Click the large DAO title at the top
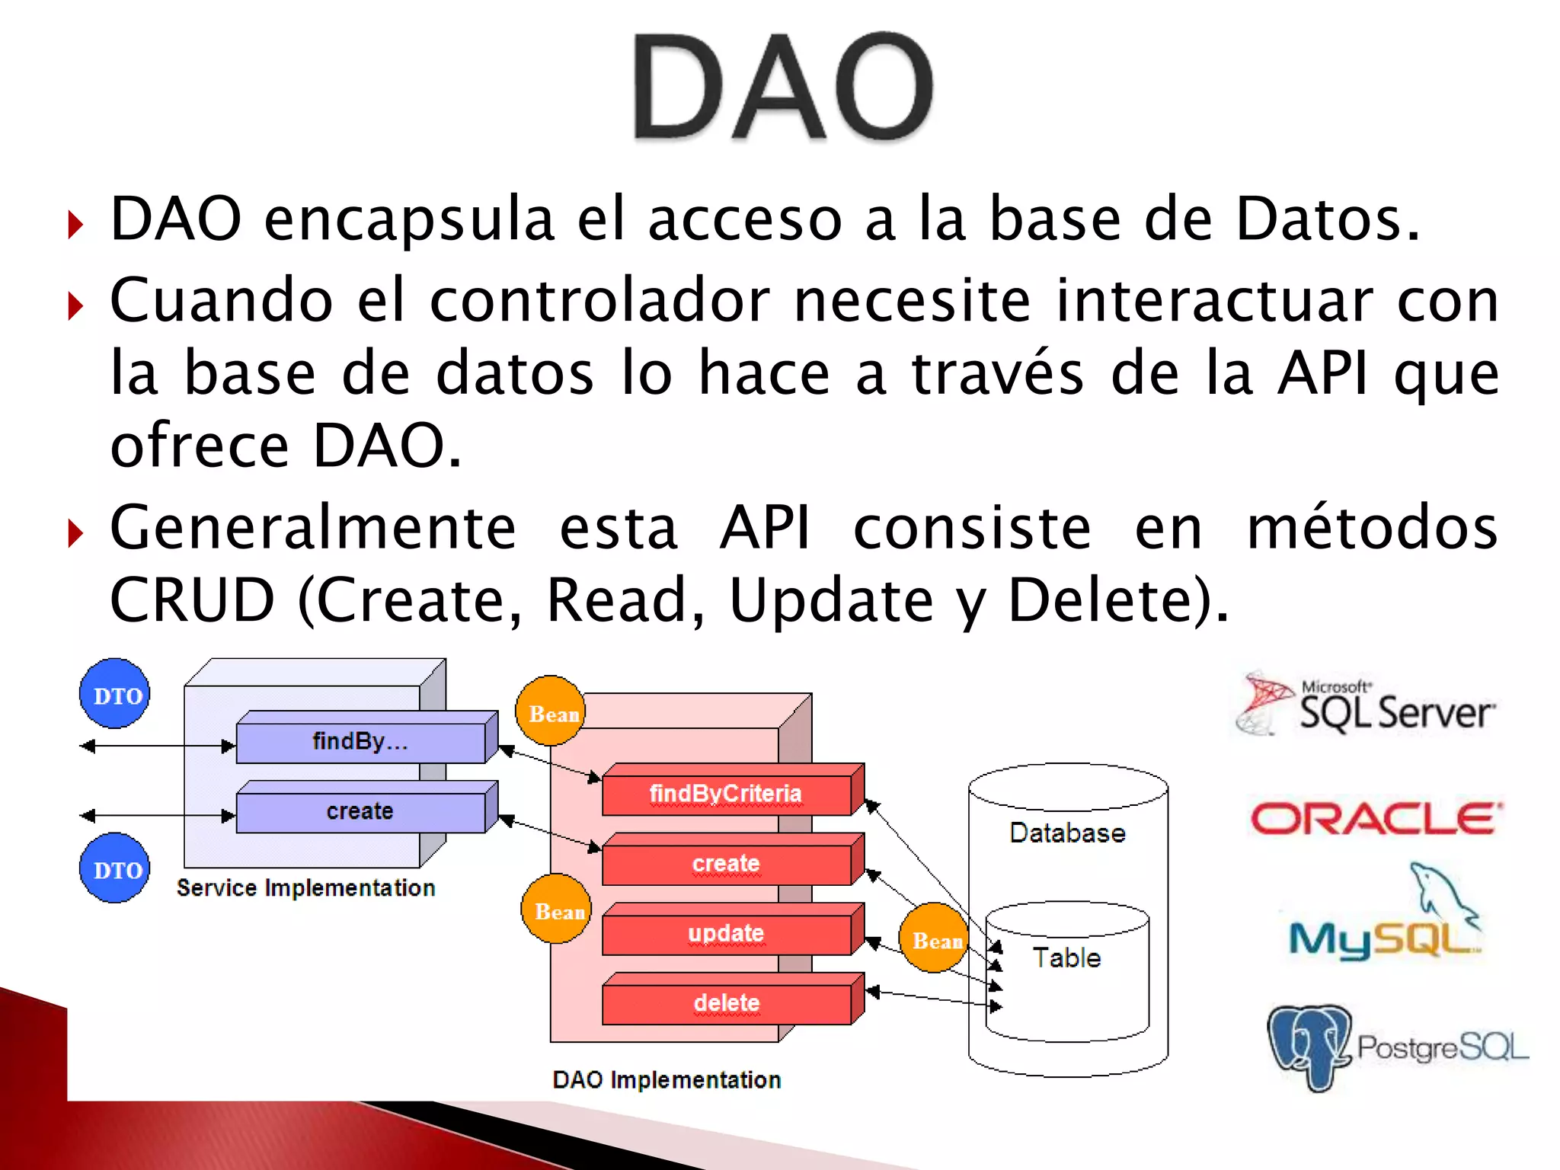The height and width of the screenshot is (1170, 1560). [783, 88]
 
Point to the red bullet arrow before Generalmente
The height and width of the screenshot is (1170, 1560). [75, 533]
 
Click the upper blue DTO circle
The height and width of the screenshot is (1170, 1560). [115, 694]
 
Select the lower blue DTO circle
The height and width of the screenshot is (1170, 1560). [115, 868]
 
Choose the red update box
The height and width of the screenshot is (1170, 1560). [726, 934]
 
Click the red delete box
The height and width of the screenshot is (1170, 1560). [726, 1003]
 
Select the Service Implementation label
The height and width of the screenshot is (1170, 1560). [305, 888]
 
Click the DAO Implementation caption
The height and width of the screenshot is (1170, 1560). [667, 1080]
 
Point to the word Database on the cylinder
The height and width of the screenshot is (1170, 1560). [1067, 833]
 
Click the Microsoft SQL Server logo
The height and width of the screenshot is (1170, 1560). [1366, 705]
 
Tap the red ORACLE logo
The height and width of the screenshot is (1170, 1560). [1376, 820]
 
